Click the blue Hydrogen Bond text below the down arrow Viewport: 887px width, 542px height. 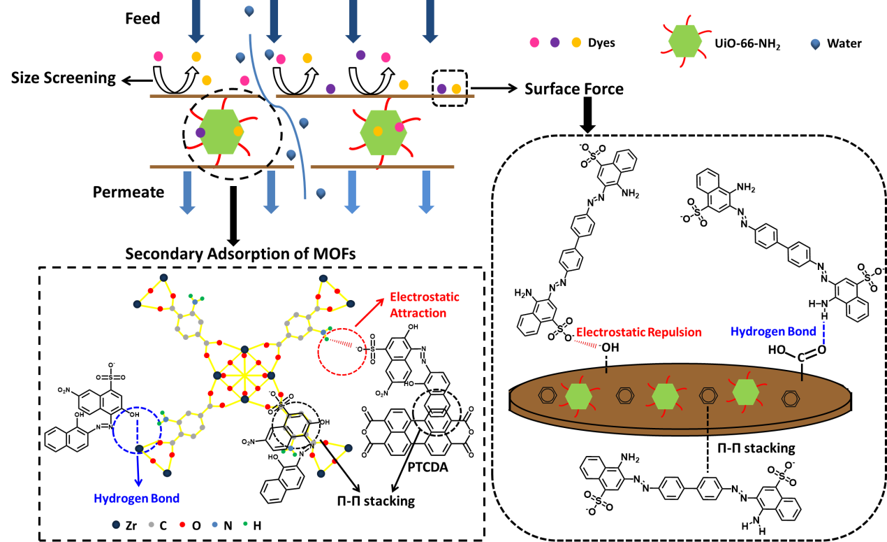[x=137, y=499]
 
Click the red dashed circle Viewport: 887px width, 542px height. [x=342, y=350]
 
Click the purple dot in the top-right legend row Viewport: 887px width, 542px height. [x=555, y=43]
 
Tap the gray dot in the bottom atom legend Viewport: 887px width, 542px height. [x=152, y=523]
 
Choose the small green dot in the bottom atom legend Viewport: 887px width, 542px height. [x=245, y=523]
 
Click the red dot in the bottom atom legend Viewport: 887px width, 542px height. [x=182, y=523]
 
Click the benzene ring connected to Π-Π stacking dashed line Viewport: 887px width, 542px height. [x=708, y=397]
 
